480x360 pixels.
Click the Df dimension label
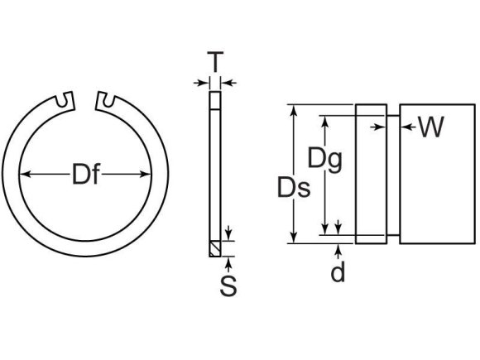(x=87, y=175)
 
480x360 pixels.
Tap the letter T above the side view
(x=215, y=61)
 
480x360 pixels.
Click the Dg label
(x=324, y=158)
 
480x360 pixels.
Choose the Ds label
(x=294, y=189)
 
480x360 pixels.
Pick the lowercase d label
(x=338, y=271)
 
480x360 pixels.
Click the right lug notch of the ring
(x=105, y=100)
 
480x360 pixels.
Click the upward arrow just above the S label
(x=228, y=262)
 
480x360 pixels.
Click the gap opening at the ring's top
(x=87, y=97)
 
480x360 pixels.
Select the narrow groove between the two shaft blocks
(x=392, y=174)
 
